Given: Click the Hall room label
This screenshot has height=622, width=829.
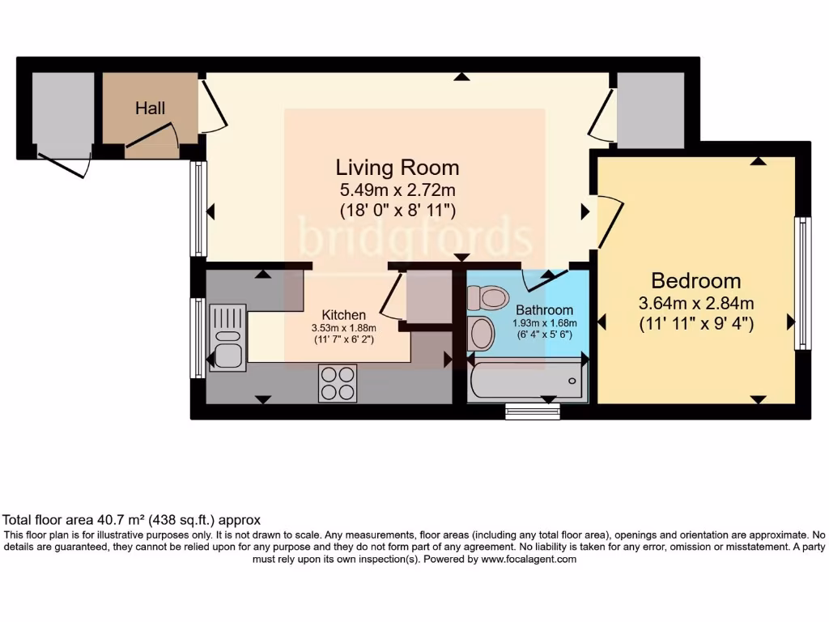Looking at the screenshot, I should pos(150,108).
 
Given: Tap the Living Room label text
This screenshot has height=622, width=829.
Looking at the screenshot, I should pos(397,168).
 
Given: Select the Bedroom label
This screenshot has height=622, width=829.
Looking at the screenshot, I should pos(695,281).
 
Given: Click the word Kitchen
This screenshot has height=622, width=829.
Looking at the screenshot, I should pos(344,315).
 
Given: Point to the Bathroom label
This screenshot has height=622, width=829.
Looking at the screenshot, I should pos(544,310).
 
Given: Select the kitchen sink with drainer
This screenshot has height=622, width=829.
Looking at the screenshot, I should pos(227,337).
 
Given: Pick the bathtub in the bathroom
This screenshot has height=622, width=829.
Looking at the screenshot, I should pos(526,381).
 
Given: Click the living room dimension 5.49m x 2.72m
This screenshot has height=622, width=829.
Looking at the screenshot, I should pos(397,190).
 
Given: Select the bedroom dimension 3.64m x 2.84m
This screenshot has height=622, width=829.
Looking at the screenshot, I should pos(695,305).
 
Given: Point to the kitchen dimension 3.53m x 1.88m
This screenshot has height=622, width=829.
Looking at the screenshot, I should pos(344,328).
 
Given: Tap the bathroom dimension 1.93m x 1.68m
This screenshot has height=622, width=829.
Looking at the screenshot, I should pos(544,322).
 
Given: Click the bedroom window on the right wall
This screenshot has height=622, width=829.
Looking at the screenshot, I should pos(802,283).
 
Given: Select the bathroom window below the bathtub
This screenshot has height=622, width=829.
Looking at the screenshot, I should pos(532,412).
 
